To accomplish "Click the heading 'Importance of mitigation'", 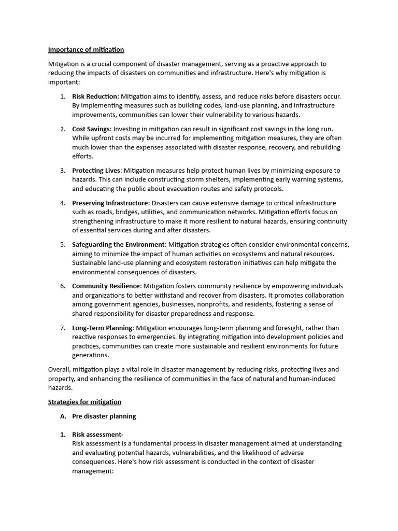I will (86, 50).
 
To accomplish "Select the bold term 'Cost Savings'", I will (91, 129).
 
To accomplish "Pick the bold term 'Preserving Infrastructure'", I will (110, 203).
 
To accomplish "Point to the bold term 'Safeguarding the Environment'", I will (118, 244).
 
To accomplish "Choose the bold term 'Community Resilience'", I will (106, 286).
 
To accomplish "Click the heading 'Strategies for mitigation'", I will (84, 402).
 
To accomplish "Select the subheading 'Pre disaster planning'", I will (104, 416).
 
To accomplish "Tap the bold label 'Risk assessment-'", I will (97, 435).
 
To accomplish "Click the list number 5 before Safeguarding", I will (63, 244).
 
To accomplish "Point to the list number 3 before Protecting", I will (63, 170).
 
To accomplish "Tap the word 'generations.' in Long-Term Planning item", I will (91, 355).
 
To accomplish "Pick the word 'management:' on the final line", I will (93, 471).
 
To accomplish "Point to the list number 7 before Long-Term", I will (63, 328).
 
